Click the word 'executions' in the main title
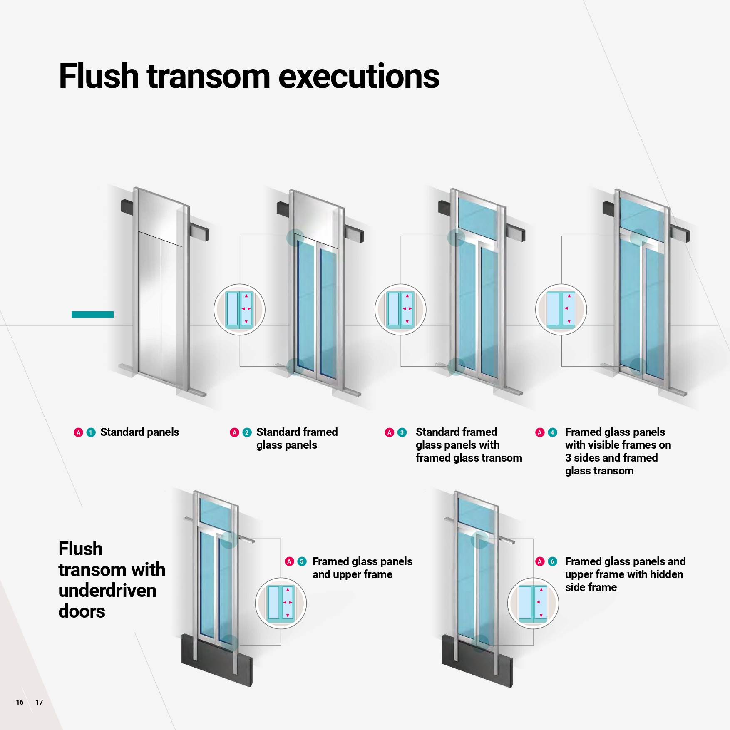(358, 76)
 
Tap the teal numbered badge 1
(91, 432)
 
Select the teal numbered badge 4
(552, 432)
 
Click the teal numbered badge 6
(552, 561)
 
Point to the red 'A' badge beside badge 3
(390, 432)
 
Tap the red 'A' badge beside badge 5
(289, 561)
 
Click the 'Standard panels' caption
(139, 432)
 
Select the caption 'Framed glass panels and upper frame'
(362, 568)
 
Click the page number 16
(20, 702)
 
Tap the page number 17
(39, 702)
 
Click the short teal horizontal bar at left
(92, 315)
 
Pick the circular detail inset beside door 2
(239, 310)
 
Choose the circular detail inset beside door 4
(561, 310)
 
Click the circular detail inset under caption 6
(533, 603)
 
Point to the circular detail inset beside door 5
(281, 603)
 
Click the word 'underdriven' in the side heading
(107, 591)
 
